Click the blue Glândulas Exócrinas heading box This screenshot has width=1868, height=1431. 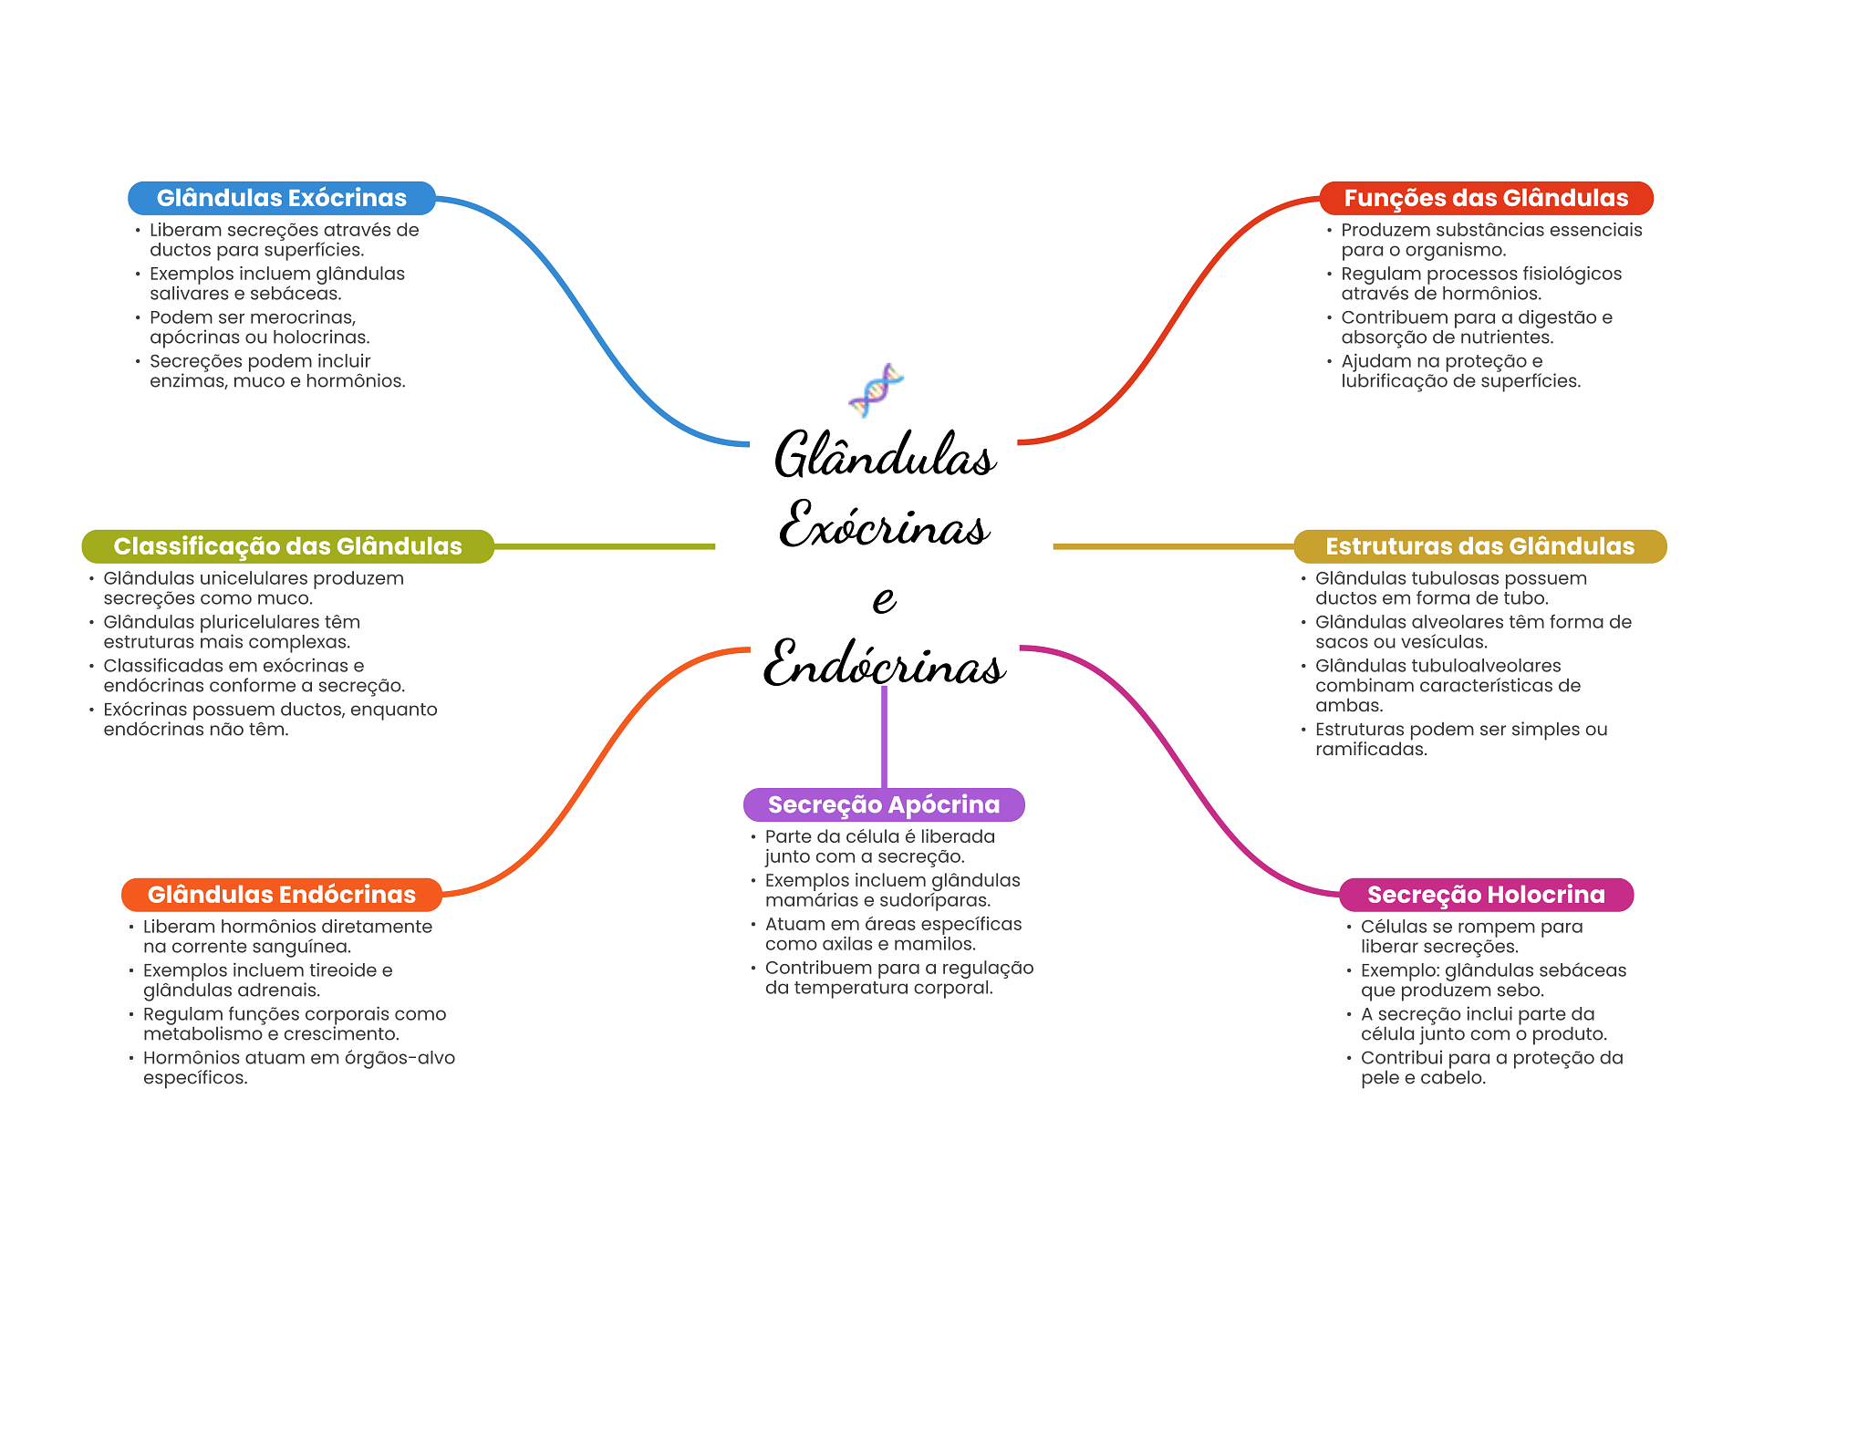click(281, 198)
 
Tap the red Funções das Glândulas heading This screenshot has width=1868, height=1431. click(1485, 198)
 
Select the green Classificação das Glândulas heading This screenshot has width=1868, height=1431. click(287, 546)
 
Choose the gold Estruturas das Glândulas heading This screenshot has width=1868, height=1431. click(1479, 546)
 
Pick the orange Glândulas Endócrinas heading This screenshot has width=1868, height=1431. click(281, 895)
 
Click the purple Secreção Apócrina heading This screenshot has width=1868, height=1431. click(884, 804)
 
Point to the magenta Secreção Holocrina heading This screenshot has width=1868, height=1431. click(1486, 895)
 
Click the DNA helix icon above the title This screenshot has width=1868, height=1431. click(876, 389)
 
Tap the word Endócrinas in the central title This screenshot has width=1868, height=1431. click(884, 665)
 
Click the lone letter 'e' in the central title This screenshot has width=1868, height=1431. click(884, 599)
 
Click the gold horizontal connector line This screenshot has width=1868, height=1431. click(1173, 546)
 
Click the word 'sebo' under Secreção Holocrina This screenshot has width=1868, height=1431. click(1520, 990)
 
